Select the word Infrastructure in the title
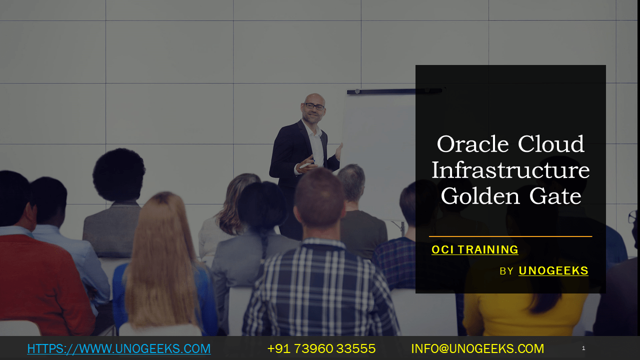click(510, 170)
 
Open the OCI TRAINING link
click(474, 250)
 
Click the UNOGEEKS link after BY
click(553, 271)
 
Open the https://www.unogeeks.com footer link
click(119, 348)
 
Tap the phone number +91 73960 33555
click(321, 348)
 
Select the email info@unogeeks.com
click(477, 348)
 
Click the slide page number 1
click(583, 348)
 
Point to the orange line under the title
click(510, 236)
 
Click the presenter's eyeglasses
click(314, 106)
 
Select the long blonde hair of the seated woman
click(160, 265)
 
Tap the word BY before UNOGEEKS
click(506, 271)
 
